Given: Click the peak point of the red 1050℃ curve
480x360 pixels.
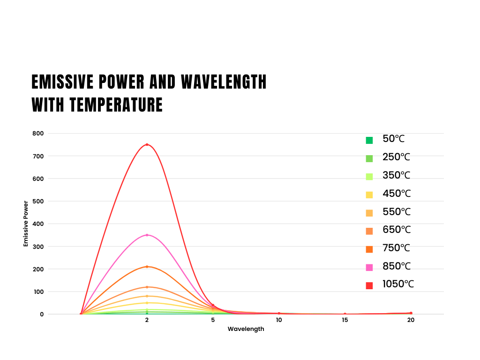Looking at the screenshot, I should tap(147, 144).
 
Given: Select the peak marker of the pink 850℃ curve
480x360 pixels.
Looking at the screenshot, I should tap(147, 235).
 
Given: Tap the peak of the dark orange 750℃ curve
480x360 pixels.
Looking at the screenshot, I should tap(147, 267).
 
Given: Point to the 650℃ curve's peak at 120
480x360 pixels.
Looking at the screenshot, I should tap(147, 287).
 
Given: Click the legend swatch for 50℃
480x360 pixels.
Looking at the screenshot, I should tap(369, 140).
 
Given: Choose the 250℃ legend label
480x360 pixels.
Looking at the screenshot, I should tap(396, 157).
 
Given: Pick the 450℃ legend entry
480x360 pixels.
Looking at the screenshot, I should tap(396, 194).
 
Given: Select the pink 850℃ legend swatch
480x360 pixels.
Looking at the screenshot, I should tap(369, 267).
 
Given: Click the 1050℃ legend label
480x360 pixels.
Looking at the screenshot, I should tap(398, 284).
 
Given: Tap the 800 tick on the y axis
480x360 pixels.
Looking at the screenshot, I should tap(38, 133).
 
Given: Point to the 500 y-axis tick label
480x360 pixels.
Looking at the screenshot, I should tap(38, 201).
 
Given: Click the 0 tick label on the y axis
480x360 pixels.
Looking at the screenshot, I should tap(41, 314).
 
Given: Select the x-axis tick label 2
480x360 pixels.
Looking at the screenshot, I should tap(147, 320).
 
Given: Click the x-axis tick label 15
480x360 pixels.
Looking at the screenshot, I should tap(345, 320).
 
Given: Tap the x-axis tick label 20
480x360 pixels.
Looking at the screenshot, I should tap(411, 320).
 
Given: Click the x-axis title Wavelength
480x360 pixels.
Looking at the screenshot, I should tap(246, 329).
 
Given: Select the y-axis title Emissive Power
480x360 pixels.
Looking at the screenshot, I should tap(26, 224).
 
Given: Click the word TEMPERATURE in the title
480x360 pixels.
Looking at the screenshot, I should tap(116, 105).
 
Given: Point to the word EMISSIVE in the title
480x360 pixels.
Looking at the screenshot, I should tap(60, 82).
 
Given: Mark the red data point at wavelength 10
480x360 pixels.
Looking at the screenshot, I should tap(279, 313).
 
